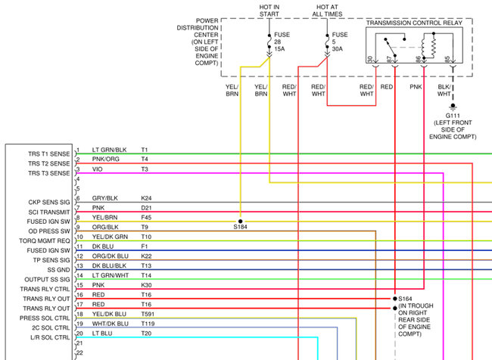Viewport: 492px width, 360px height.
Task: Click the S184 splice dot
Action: [x=240, y=219]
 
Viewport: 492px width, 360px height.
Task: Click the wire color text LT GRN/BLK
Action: [x=109, y=150]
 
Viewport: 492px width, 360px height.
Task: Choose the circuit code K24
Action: [x=146, y=198]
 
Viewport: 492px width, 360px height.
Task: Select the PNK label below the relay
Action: [x=416, y=87]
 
